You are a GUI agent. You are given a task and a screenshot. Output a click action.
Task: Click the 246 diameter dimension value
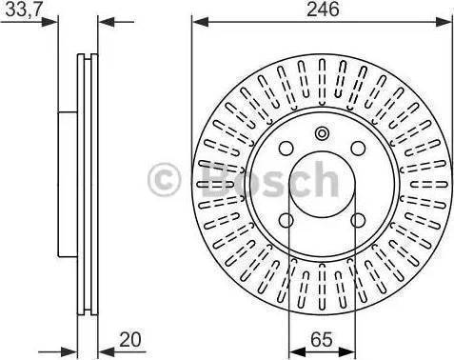click(x=320, y=10)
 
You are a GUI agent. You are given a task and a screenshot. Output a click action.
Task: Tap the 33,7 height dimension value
click(x=22, y=10)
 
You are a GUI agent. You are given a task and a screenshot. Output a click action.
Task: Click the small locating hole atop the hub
click(x=321, y=132)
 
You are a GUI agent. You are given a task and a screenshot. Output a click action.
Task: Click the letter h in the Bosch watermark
click(x=324, y=177)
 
